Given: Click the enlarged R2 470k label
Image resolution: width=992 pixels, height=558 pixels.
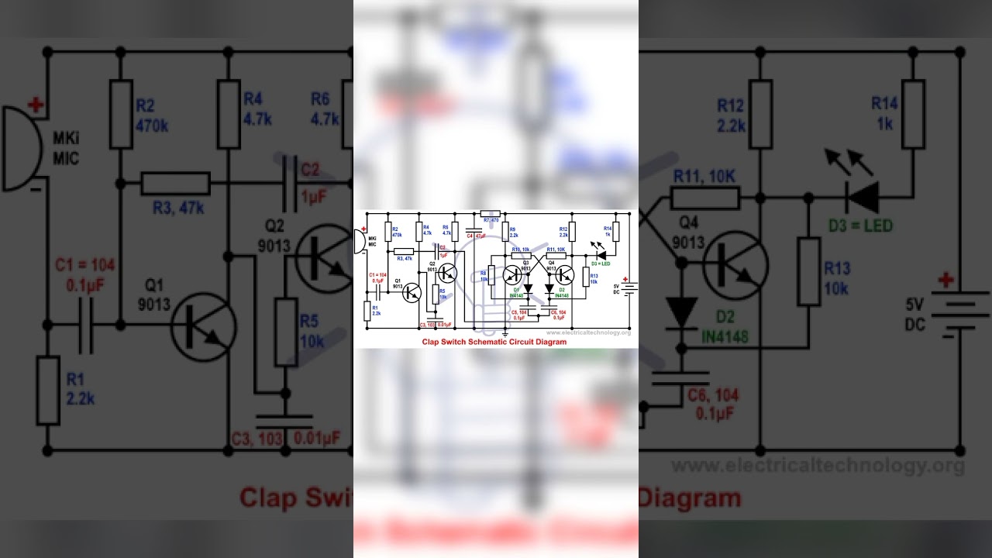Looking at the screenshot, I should [152, 115].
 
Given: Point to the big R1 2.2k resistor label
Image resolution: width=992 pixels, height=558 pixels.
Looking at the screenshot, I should [80, 389].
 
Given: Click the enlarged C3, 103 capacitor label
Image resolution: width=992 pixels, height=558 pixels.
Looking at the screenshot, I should [257, 439].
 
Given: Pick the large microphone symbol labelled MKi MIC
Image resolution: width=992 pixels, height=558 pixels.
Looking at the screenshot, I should [23, 148].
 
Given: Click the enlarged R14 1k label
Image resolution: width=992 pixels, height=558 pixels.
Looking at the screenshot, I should [885, 113].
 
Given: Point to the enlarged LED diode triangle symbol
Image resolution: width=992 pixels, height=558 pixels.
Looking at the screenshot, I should [862, 197].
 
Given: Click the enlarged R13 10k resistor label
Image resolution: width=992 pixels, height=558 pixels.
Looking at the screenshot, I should [837, 278].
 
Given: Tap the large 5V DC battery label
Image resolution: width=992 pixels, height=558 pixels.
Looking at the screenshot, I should [915, 315].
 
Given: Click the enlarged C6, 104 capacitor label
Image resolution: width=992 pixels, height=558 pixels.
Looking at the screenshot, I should [713, 404].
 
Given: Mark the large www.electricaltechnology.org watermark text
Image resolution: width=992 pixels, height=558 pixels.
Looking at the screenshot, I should [818, 466].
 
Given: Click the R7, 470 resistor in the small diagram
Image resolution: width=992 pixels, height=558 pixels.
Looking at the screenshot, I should [491, 213].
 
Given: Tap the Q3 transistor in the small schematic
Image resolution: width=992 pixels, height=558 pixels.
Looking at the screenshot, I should [512, 274].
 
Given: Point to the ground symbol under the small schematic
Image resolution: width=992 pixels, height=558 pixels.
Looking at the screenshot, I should [505, 332].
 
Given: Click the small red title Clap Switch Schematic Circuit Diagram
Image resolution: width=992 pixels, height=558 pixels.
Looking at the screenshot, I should [494, 342].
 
